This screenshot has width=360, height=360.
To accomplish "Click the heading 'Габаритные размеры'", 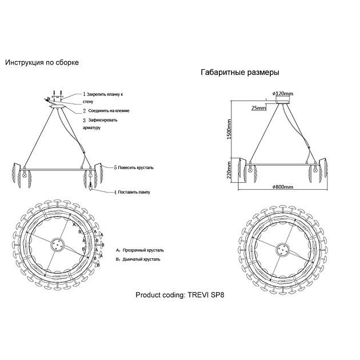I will point(240,73).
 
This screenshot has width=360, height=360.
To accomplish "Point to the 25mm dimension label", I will point(258,107).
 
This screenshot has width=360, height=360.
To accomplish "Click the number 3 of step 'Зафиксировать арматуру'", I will point(84,121).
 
